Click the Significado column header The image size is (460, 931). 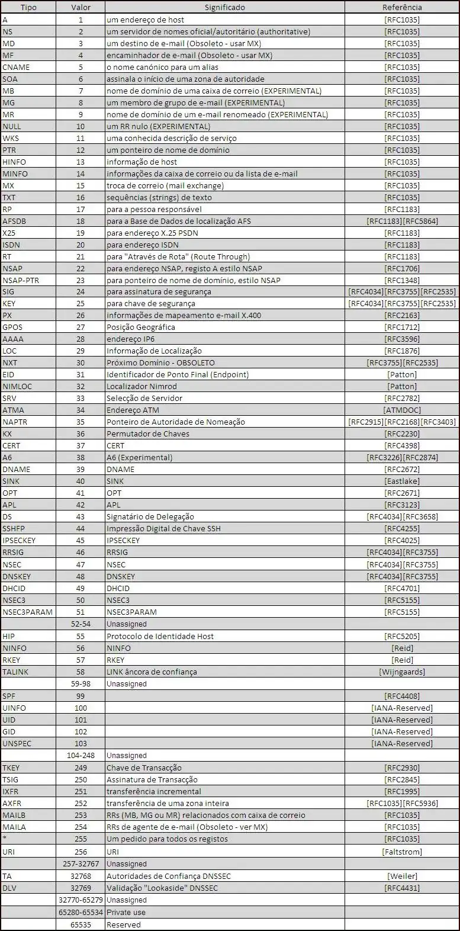coord(224,8)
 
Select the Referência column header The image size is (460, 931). coord(402,8)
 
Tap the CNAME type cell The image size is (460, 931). coord(16,67)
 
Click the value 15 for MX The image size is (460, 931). coord(81,185)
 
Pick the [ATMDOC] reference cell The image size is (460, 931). coord(402,410)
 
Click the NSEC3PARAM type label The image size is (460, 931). coord(27,612)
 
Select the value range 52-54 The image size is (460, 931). coord(81,624)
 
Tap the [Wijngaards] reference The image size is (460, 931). coord(402,672)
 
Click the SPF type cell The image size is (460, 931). coord(9,696)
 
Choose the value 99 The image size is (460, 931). coord(81,696)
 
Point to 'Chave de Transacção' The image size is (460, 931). coord(144,768)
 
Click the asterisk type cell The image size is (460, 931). coord(5,839)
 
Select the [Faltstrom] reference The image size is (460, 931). coord(402,852)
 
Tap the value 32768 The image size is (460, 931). coord(81,876)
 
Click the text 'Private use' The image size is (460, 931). coord(126,912)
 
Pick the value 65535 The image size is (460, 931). coord(81,924)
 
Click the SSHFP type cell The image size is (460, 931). coord(14,528)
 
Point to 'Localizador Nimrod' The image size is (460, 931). coord(141,386)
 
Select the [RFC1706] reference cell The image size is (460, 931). coord(402,268)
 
